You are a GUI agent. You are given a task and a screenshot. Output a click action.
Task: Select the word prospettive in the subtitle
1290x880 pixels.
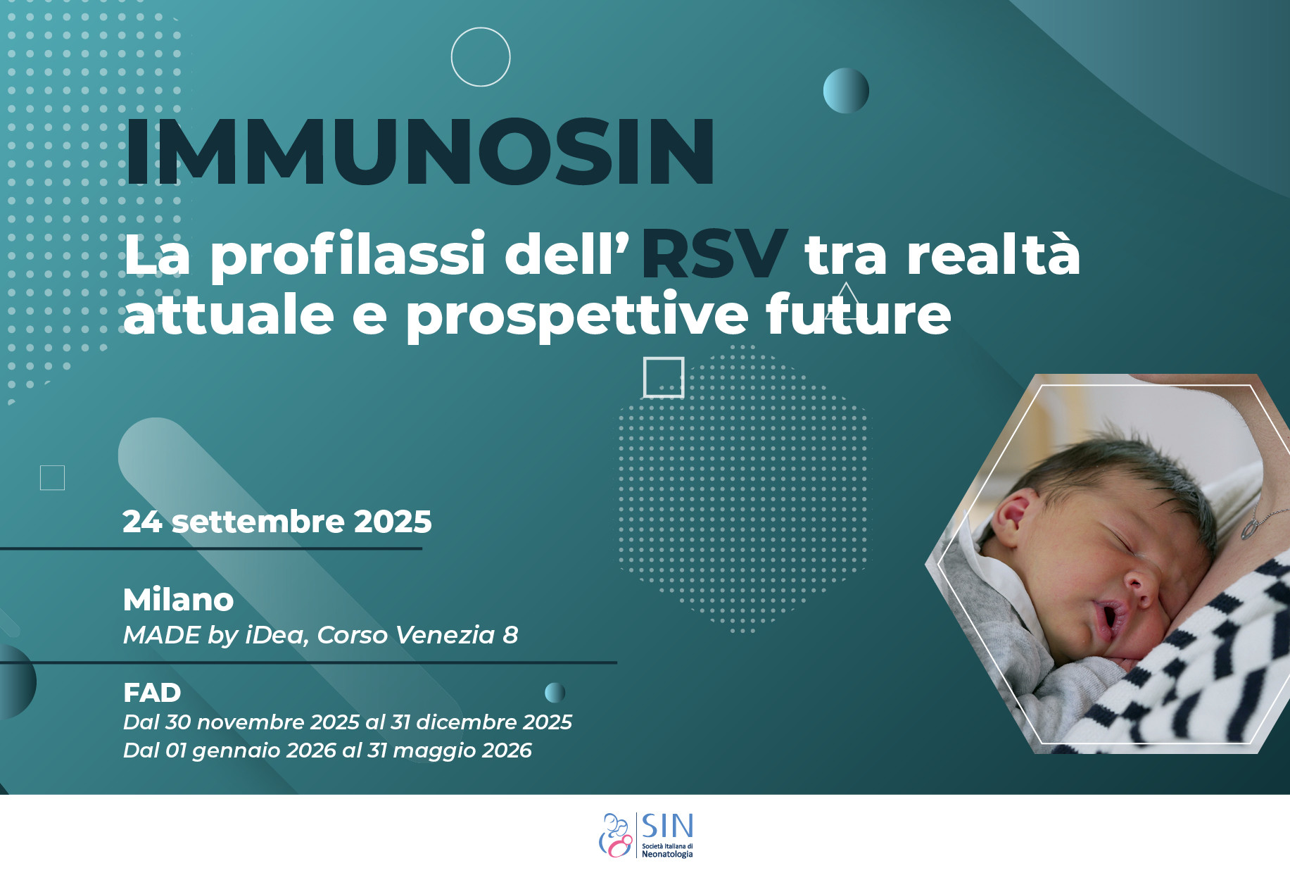[576, 315]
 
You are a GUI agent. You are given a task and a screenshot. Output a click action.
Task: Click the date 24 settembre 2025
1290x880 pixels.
[277, 522]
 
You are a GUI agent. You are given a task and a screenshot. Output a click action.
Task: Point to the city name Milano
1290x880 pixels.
[178, 600]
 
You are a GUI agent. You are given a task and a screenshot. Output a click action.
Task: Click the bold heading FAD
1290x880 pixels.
[152, 693]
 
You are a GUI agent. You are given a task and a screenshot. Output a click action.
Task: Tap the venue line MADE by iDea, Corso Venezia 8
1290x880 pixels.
[320, 635]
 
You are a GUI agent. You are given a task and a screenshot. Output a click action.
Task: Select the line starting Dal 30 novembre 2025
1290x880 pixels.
[348, 722]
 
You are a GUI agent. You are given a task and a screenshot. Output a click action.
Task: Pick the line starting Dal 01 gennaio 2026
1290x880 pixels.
[327, 750]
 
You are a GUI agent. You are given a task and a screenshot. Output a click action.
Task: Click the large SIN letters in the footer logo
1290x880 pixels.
[667, 826]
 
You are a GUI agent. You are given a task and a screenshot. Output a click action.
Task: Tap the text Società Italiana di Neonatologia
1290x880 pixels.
[667, 850]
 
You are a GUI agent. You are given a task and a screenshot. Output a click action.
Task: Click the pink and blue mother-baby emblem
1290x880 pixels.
[616, 836]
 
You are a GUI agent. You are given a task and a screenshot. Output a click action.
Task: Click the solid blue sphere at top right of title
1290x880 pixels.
[846, 90]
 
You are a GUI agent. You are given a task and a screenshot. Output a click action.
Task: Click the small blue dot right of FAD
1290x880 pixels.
[555, 693]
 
